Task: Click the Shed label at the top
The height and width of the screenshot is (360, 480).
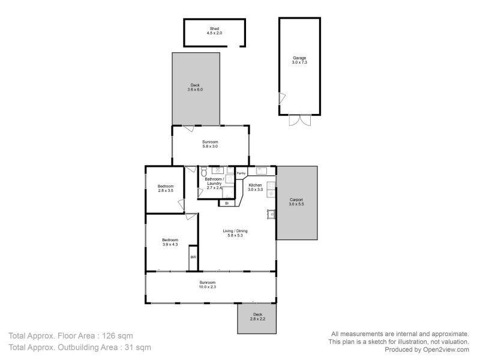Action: coord(215,28)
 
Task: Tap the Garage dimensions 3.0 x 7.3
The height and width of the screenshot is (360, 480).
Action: coord(299,62)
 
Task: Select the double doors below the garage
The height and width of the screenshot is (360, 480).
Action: coord(300,120)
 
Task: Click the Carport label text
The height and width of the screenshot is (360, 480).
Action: coord(297,200)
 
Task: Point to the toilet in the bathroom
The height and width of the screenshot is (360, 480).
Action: coord(204,170)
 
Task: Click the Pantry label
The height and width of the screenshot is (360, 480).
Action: coord(241,173)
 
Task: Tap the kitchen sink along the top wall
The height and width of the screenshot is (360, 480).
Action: coord(262,170)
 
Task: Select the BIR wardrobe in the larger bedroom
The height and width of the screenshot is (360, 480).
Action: coord(193,257)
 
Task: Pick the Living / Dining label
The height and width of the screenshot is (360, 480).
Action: coord(236,230)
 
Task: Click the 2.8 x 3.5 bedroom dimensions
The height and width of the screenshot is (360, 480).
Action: coord(166,191)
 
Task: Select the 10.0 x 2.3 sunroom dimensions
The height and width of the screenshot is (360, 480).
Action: coord(208,287)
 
